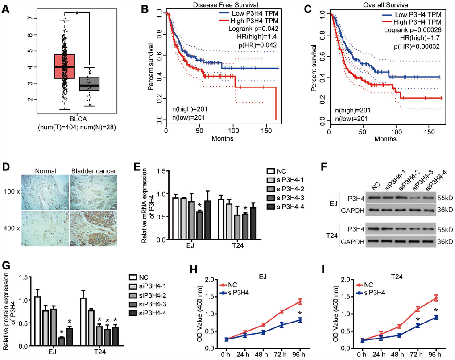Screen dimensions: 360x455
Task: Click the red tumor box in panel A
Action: pyautogui.click(x=64, y=66)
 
